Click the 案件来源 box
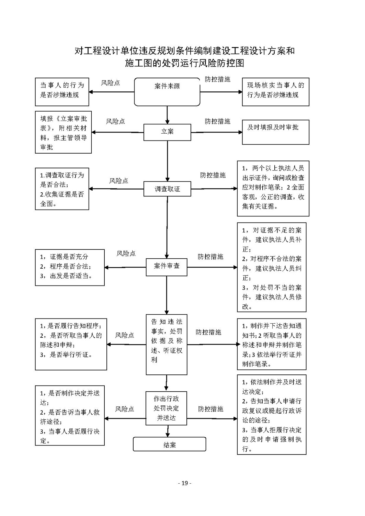coord(167,92)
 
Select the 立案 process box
coord(167,132)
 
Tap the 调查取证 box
coord(167,189)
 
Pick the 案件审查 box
coord(167,267)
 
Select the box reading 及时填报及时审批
coord(275,132)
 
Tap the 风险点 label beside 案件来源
coord(111,83)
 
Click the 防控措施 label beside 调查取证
coord(213,175)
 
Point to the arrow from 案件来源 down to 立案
coord(167,115)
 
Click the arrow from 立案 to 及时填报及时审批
coord(216,132)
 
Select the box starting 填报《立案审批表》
coord(63,132)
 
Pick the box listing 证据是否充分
coord(70,267)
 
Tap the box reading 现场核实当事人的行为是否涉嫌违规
coord(275,92)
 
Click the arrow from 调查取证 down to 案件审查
coord(167,227)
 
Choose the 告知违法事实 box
coord(167,344)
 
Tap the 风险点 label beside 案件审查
coord(126,254)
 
